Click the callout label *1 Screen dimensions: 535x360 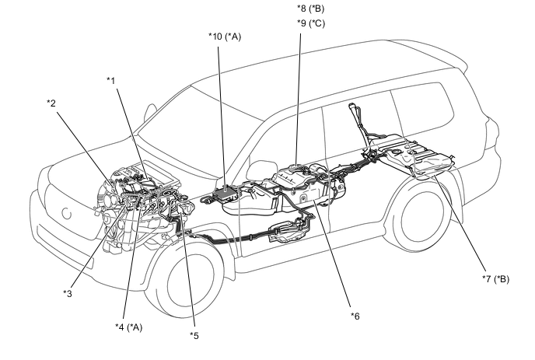coord(111,81)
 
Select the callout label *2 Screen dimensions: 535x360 coord(51,103)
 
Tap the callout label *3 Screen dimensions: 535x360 coord(68,293)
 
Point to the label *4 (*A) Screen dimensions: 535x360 coord(128,327)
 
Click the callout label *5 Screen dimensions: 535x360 coord(194,336)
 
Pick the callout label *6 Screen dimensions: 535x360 coord(355,316)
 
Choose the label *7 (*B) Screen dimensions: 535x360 coord(495,279)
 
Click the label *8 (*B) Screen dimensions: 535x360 coord(310,9)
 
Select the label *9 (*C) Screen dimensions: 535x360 coord(311,23)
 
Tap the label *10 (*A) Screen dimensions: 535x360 coord(225,37)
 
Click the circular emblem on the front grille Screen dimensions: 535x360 coord(67,213)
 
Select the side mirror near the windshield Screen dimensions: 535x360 coord(150,112)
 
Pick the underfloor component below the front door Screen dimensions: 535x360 coord(285,232)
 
